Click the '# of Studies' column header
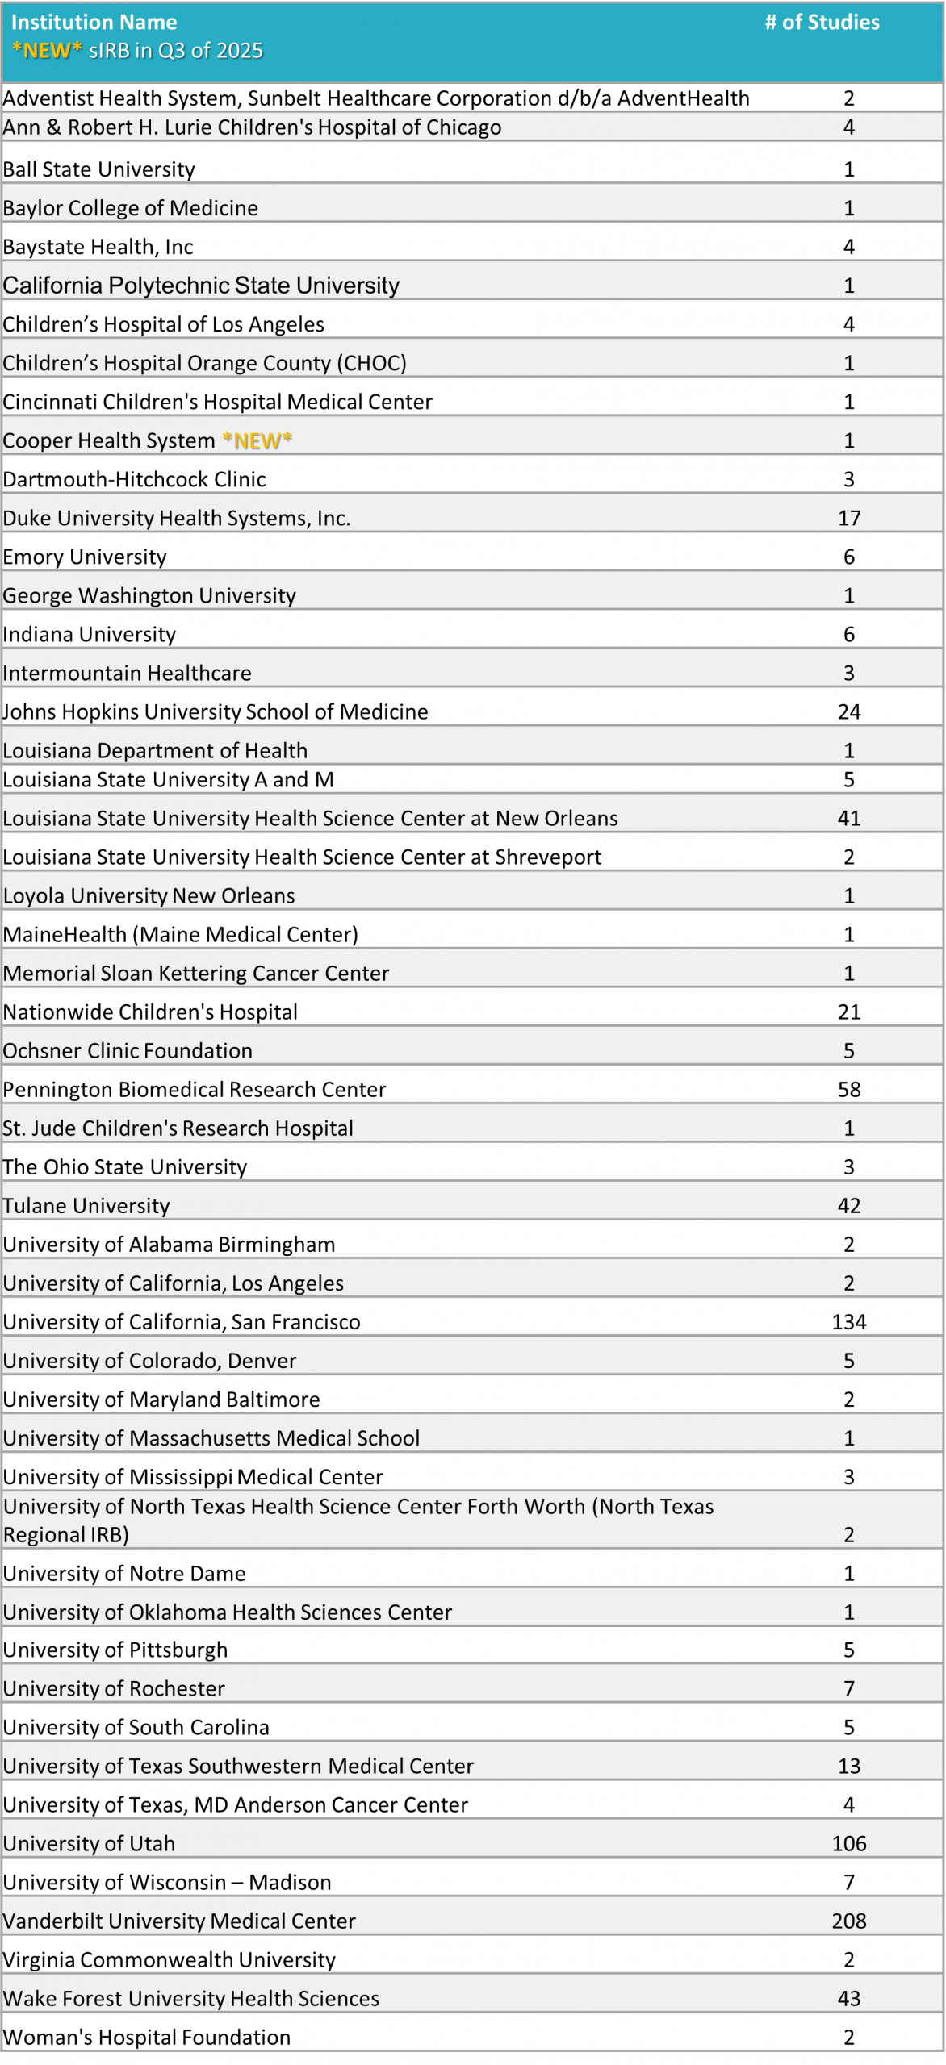point(822,23)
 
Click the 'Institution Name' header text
point(94,23)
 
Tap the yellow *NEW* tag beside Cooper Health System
point(257,440)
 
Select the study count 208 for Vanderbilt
point(849,1921)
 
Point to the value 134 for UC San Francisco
point(849,1321)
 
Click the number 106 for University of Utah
point(849,1843)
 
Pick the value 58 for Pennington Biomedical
point(849,1089)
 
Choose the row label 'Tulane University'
point(86,1205)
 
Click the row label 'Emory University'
point(85,557)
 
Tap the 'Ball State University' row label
point(99,169)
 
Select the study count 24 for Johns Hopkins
point(849,711)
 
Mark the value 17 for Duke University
point(849,518)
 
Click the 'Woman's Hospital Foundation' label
point(147,2037)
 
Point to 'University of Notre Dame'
point(124,1573)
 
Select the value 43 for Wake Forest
point(849,1998)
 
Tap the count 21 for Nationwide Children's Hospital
point(849,1012)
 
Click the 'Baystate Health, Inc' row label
point(98,247)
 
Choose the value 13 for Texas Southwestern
point(849,1766)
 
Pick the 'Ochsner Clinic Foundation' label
point(128,1050)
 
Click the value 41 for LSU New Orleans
point(849,818)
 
